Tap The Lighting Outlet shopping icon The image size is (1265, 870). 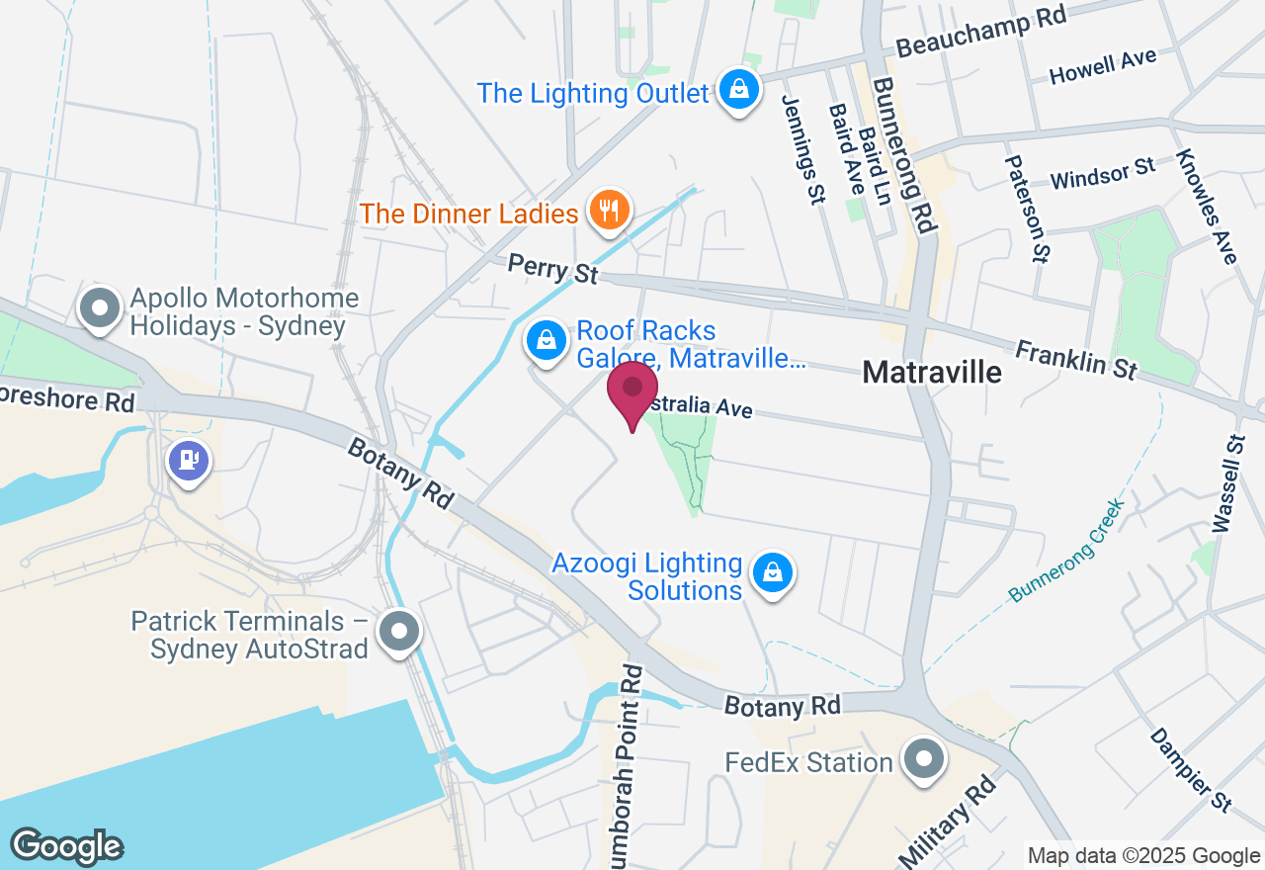click(738, 90)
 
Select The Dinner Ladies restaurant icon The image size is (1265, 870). click(610, 211)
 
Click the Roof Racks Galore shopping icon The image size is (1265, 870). click(545, 342)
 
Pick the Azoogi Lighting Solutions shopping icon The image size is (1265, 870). click(773, 572)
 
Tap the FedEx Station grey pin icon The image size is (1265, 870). click(925, 761)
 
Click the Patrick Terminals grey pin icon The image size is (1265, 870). click(400, 631)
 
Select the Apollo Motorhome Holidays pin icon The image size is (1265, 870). click(99, 308)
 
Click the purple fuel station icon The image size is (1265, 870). click(189, 461)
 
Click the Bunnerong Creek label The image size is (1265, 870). click(1066, 551)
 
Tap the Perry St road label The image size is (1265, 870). click(553, 268)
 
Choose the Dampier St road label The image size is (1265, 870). click(1191, 770)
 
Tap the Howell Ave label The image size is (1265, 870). click(1103, 67)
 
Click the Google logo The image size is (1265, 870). click(66, 846)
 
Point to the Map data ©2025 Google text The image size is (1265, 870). click(1143, 856)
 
